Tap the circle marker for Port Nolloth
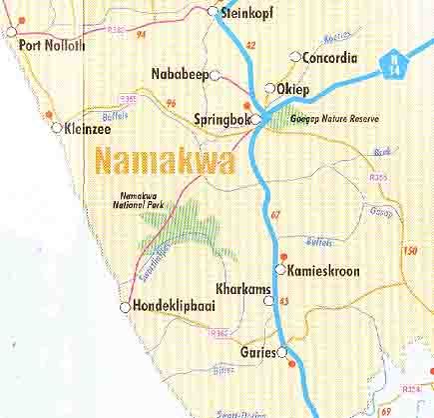click(x=12, y=31)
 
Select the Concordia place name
click(x=328, y=57)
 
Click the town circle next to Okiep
click(x=269, y=88)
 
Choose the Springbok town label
click(x=220, y=120)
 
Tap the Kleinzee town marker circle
click(x=56, y=127)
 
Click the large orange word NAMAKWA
click(x=164, y=160)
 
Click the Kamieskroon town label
click(x=323, y=271)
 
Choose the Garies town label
click(x=258, y=352)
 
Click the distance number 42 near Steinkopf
click(x=250, y=45)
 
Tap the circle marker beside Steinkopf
click(x=213, y=12)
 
